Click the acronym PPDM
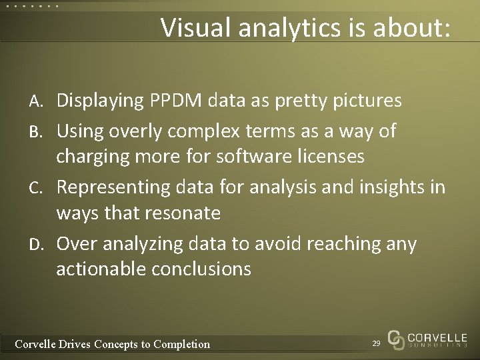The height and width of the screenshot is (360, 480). tap(181, 101)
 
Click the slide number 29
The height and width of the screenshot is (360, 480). tap(376, 343)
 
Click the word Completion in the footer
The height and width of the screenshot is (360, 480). tap(181, 344)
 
